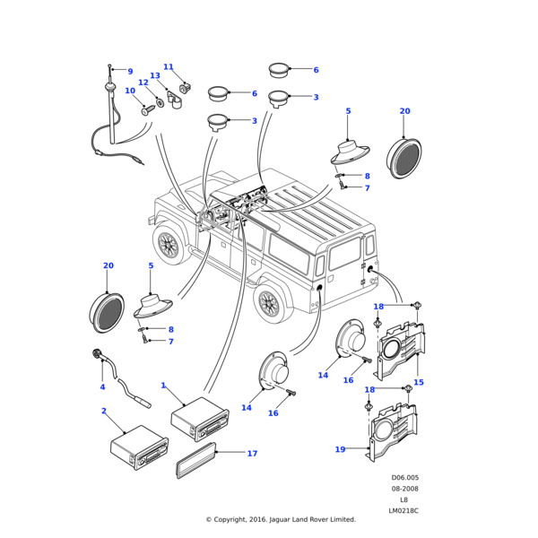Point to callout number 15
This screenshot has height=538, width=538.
click(x=418, y=382)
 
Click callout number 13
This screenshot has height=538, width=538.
click(x=155, y=76)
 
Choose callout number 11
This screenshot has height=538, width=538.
click(x=168, y=67)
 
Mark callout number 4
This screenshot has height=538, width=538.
click(x=102, y=387)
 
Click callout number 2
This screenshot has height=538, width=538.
click(x=104, y=412)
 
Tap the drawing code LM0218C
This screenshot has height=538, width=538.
click(x=403, y=510)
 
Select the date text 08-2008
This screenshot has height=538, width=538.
click(x=403, y=489)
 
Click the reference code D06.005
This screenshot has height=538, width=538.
click(x=404, y=478)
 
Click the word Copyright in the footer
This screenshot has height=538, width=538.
click(x=239, y=519)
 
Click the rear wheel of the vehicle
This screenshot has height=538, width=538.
click(x=268, y=303)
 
